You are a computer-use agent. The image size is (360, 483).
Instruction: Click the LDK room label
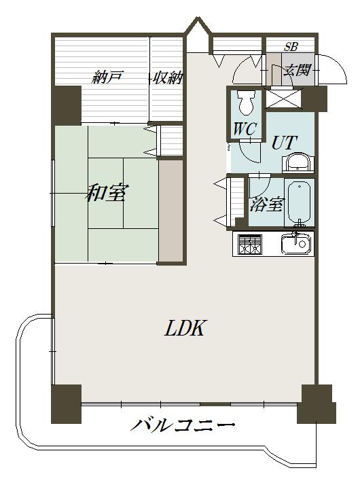pyautogui.click(x=185, y=328)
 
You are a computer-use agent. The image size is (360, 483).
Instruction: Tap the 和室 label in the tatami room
pyautogui.click(x=107, y=193)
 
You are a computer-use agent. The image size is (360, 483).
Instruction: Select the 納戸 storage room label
pyautogui.click(x=107, y=77)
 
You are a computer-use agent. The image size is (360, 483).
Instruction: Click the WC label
pyautogui.click(x=245, y=128)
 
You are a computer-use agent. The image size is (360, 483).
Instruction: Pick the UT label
pyautogui.click(x=284, y=142)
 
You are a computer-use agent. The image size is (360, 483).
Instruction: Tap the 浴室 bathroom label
pyautogui.click(x=266, y=204)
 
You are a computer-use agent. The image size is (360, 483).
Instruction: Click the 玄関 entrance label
pyautogui.click(x=298, y=70)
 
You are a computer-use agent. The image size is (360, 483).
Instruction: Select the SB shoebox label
pyautogui.click(x=291, y=46)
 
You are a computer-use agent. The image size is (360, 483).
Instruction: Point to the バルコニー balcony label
pyautogui.click(x=183, y=426)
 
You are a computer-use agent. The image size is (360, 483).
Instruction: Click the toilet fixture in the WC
pyautogui.click(x=246, y=103)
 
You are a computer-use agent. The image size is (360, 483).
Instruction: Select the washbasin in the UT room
pyautogui.click(x=298, y=162)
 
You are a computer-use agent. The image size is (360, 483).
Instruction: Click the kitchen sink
pyautogui.click(x=295, y=244)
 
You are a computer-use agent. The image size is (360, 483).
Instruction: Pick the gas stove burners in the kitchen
pyautogui.click(x=249, y=245)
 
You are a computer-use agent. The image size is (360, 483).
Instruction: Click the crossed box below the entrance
pyautogui.click(x=283, y=99)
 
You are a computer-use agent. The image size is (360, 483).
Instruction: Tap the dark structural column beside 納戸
pyautogui.click(x=67, y=105)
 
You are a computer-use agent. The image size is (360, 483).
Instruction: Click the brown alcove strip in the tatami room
pyautogui.click(x=170, y=211)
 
